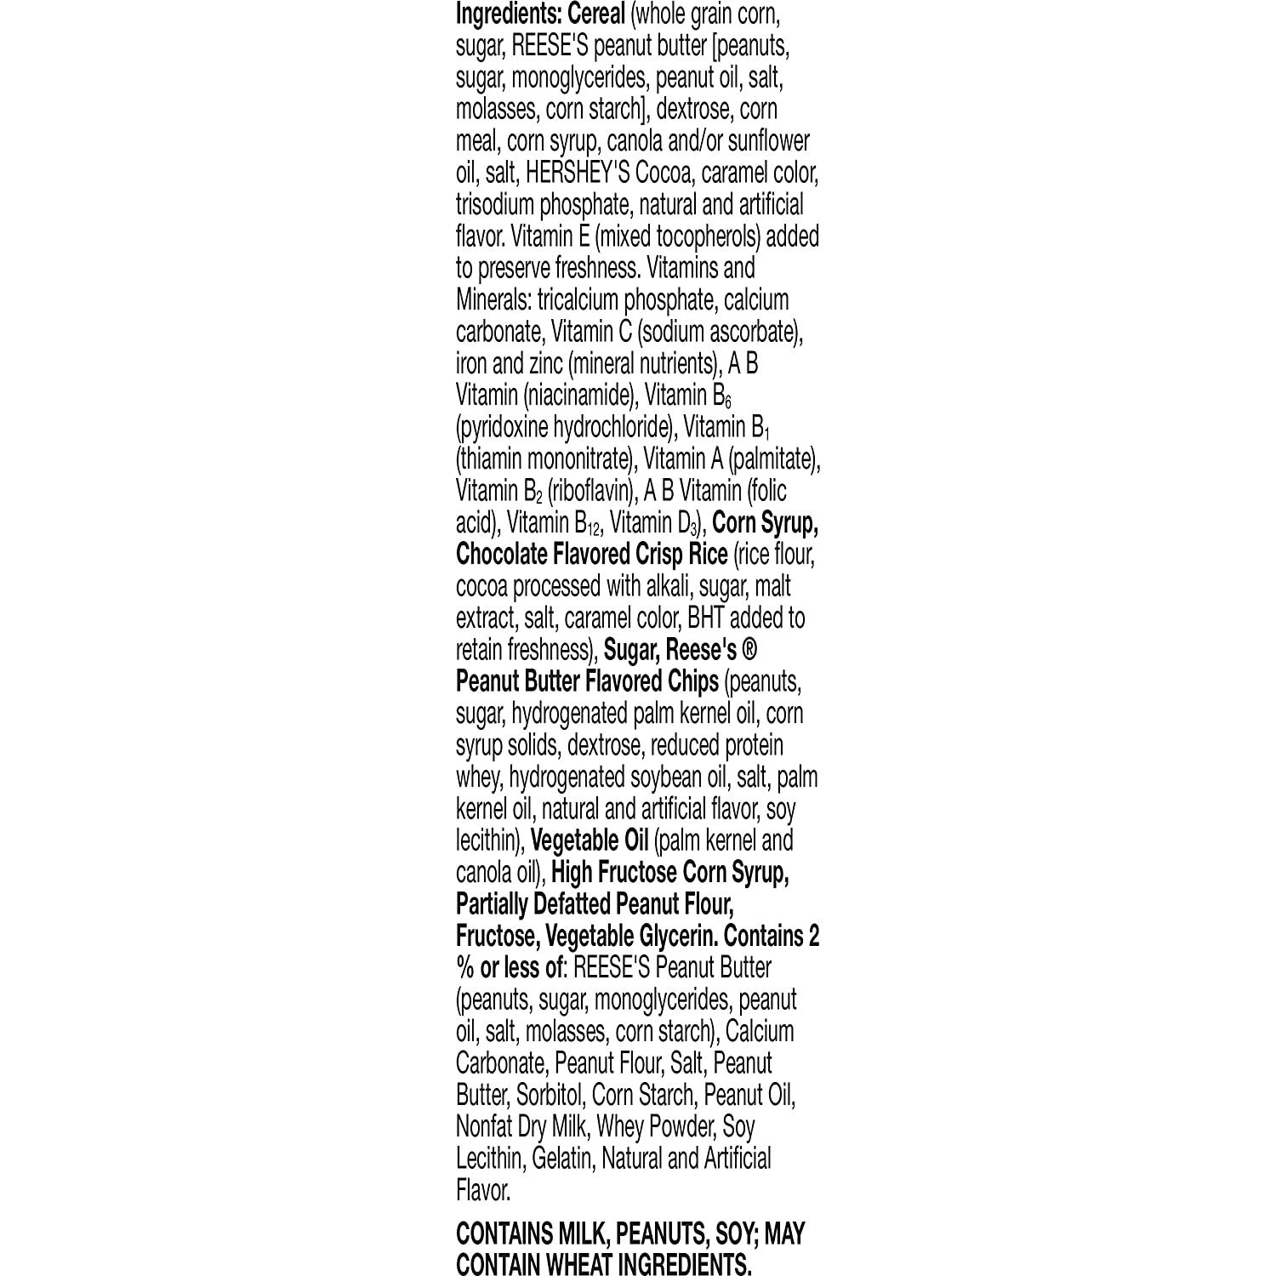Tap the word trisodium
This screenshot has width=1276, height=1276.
(x=494, y=205)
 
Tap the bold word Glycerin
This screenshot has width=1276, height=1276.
(x=678, y=936)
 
